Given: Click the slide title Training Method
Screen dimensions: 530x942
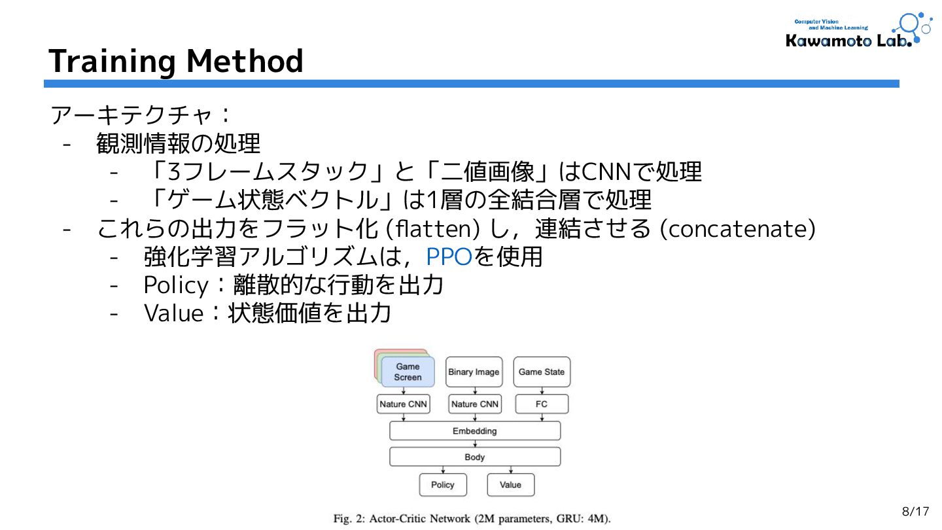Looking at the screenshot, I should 176,61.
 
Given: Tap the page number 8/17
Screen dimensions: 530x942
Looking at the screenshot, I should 915,511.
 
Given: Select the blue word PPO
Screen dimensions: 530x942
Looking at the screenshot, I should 449,257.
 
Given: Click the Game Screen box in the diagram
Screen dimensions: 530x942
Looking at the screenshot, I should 408,372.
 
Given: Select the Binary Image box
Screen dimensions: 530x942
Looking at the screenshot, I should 474,372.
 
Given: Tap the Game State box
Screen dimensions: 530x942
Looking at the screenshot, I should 541,372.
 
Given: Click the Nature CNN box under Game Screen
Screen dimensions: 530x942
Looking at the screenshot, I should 403,404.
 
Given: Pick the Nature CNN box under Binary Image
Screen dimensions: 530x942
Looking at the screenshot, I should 475,404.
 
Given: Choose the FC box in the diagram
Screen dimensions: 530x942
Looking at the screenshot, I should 542,404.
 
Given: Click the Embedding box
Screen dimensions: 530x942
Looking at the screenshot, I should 475,431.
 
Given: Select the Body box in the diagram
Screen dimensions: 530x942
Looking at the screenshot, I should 475,457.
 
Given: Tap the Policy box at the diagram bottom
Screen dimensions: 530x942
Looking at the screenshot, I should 443,485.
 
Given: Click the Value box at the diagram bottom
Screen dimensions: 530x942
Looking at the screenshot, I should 510,485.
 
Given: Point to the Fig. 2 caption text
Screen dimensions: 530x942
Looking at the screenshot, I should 472,519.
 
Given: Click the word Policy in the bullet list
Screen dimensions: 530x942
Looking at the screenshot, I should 173,285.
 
